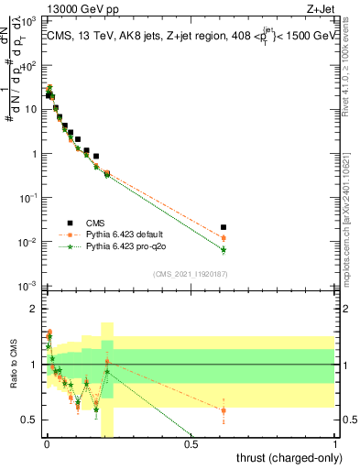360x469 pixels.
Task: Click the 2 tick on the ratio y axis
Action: coord(31,309)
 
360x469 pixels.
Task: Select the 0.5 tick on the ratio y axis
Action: coord(27,420)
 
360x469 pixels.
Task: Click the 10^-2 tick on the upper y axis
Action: coord(26,243)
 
